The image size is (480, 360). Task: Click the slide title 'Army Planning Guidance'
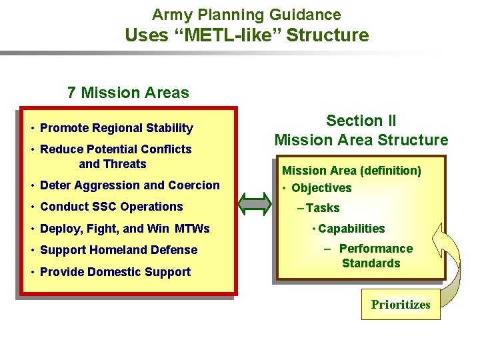[246, 14]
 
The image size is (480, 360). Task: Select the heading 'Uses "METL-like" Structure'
[247, 35]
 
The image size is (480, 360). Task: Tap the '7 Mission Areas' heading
[128, 93]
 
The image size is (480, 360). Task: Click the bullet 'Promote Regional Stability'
[116, 128]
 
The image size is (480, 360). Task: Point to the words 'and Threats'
[112, 164]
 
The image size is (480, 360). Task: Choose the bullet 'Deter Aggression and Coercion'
[129, 185]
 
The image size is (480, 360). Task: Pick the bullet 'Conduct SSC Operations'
[111, 207]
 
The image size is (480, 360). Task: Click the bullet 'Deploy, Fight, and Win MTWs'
[125, 229]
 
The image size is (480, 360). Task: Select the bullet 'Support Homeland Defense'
[119, 250]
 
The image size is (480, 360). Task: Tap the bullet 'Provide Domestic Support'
[115, 272]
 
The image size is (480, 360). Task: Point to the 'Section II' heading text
[361, 121]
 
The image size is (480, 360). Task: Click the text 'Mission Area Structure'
[361, 140]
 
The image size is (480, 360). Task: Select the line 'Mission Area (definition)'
[351, 171]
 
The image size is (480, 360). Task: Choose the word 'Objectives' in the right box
[321, 188]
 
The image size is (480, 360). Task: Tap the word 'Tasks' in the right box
[323, 208]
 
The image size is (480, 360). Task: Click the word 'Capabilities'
[351, 229]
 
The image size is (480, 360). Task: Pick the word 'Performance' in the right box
[375, 249]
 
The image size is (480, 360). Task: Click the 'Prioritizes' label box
[400, 305]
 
